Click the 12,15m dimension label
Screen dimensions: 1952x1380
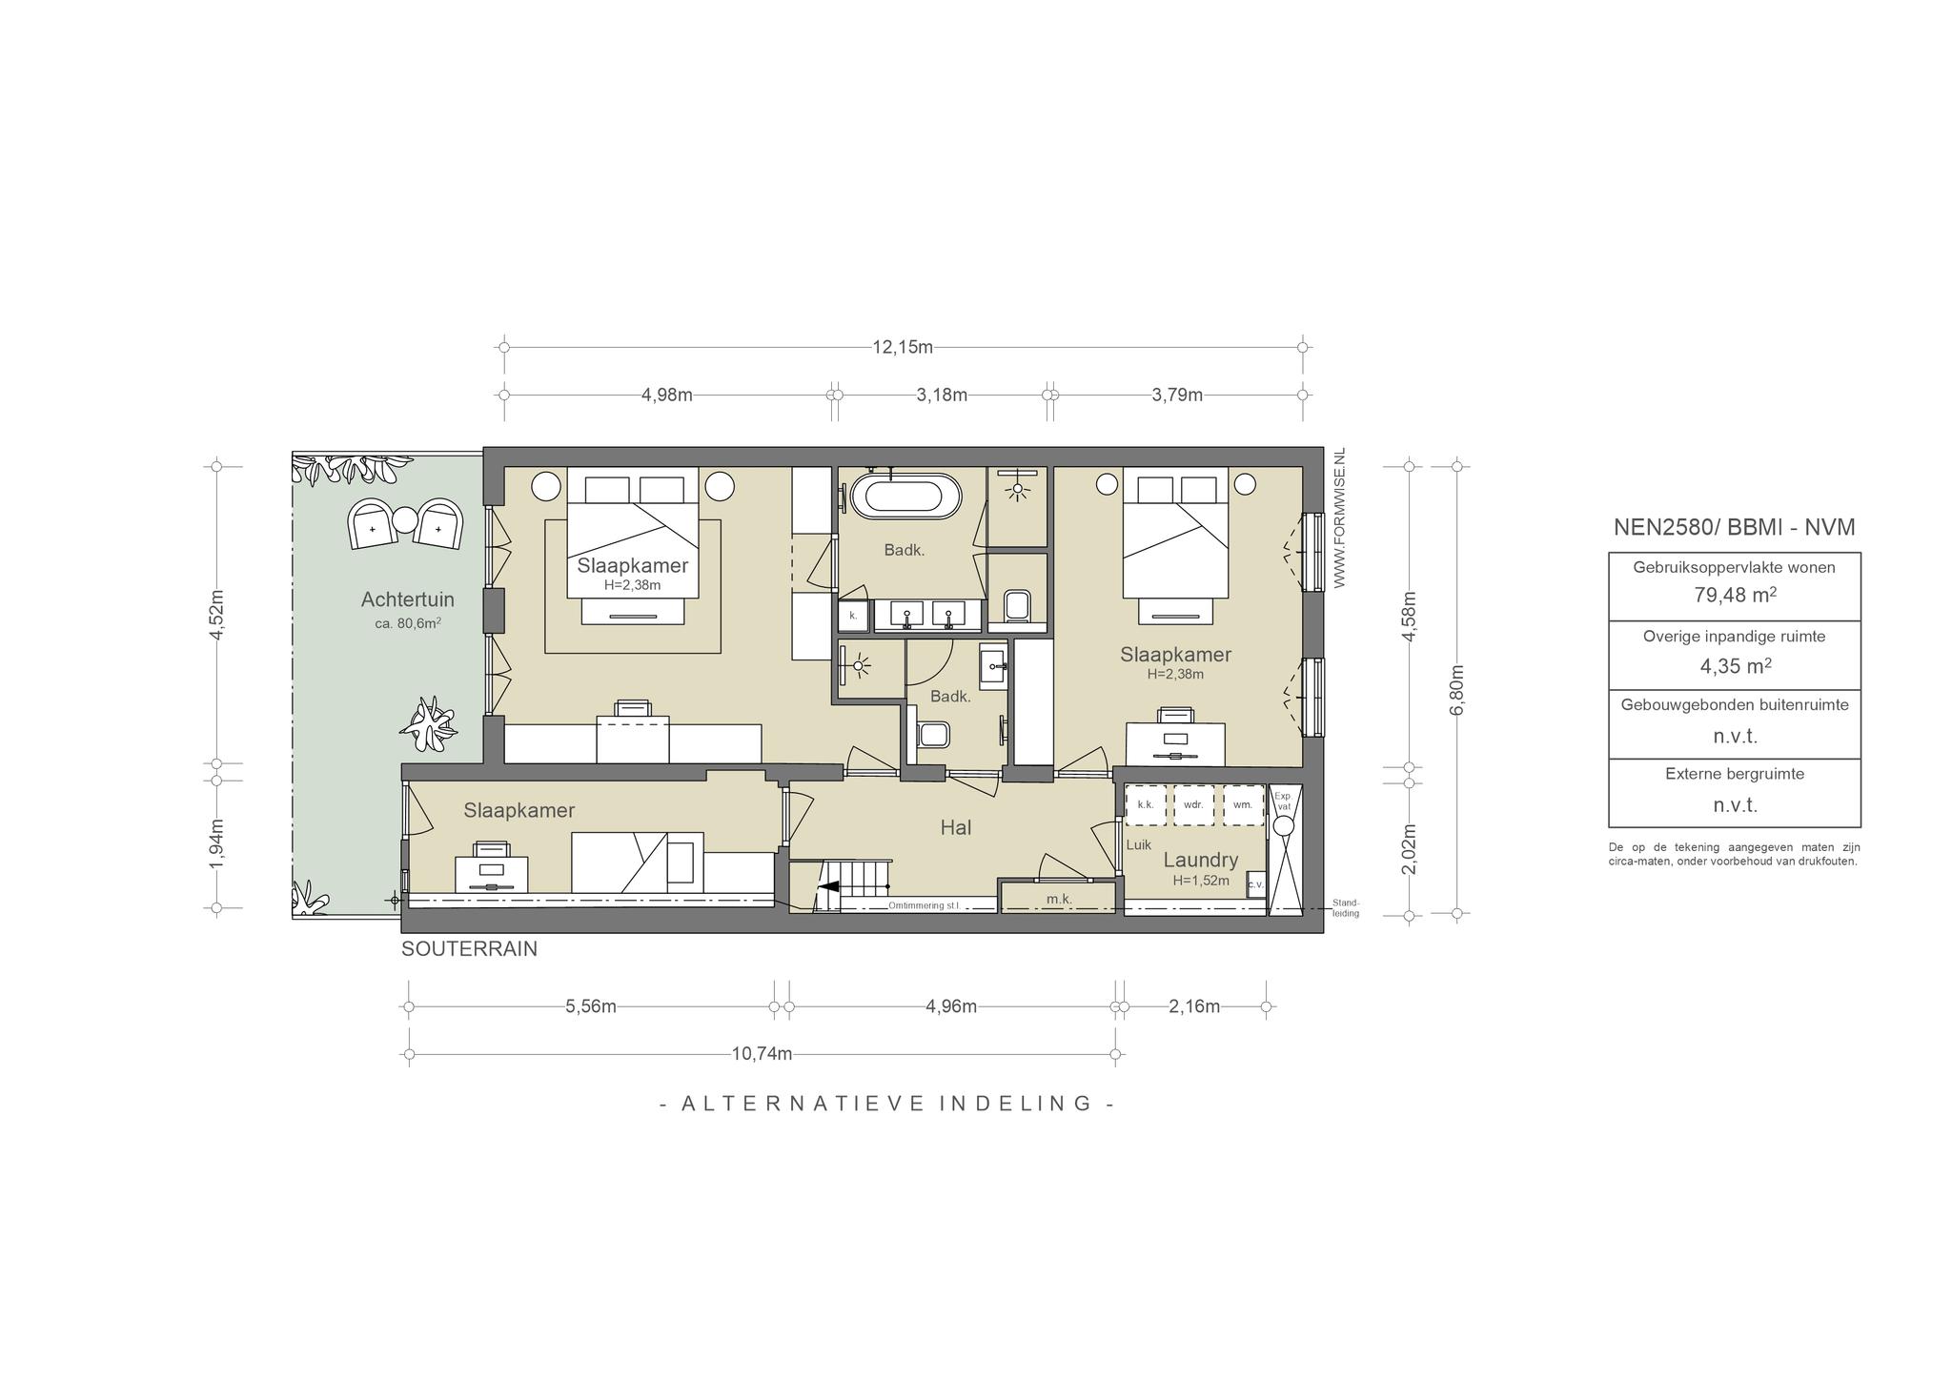click(903, 347)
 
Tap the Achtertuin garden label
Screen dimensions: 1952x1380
click(407, 599)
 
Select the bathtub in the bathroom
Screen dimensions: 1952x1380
click(905, 497)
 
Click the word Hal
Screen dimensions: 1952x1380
click(956, 827)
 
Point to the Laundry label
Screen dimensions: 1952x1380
click(1200, 860)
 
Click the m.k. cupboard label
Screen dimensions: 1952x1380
click(1059, 899)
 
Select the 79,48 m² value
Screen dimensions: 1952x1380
click(1735, 596)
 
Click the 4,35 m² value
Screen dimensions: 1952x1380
click(1735, 665)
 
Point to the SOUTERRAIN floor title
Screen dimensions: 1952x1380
click(469, 949)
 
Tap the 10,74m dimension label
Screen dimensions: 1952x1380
click(762, 1054)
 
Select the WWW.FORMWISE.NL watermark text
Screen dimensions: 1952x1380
click(1339, 517)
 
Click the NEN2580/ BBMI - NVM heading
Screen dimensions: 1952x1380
click(1735, 527)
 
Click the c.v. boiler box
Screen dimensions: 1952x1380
click(1255, 883)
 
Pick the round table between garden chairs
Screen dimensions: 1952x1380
click(406, 520)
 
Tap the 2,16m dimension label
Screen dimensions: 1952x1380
click(1194, 1006)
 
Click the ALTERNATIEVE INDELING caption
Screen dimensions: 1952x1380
click(887, 1104)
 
